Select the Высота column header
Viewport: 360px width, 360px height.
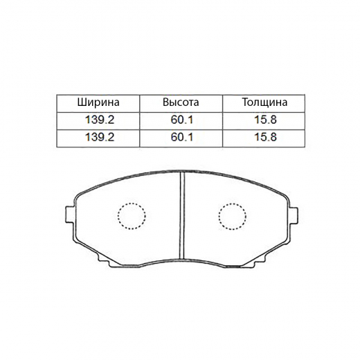coord(180,102)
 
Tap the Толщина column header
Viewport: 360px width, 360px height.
coord(264,102)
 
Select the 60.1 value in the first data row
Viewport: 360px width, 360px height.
coord(180,120)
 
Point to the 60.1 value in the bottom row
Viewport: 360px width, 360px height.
coord(180,137)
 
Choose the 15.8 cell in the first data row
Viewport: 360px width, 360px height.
coord(264,120)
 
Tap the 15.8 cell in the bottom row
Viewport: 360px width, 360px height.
coord(264,137)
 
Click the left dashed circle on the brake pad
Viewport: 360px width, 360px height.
coord(131,216)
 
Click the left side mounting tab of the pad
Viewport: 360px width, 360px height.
coord(68,215)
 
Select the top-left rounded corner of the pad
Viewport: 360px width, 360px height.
coord(79,190)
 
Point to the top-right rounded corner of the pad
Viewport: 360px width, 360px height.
coord(284,190)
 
